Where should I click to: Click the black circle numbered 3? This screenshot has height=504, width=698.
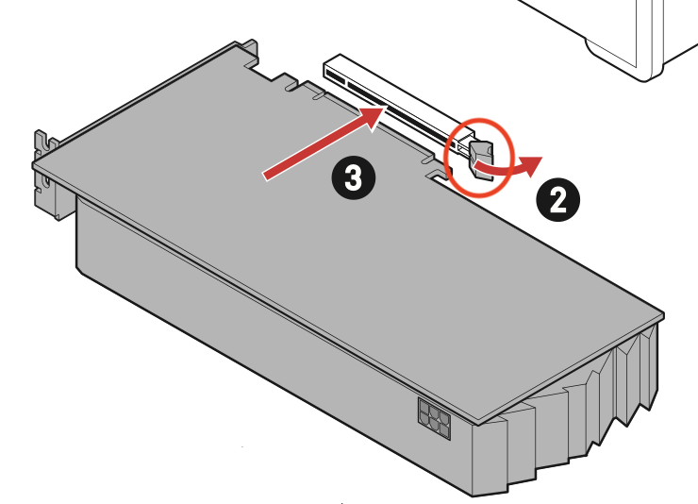click(354, 178)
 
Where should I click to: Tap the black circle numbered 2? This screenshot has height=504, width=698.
click(557, 199)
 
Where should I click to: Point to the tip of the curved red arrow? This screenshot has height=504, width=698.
click(542, 158)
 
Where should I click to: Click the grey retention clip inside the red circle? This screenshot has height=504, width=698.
click(482, 160)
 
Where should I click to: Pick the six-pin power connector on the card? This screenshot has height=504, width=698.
click(434, 418)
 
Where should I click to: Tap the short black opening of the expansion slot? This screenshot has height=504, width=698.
click(335, 76)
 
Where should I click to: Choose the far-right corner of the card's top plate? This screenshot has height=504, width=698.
click(664, 315)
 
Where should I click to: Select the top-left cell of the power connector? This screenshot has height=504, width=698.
click(424, 407)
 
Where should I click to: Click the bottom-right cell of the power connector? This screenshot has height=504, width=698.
click(444, 430)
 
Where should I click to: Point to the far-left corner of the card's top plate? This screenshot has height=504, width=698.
click(33, 165)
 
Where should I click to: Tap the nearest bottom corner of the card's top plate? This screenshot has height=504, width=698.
click(478, 422)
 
